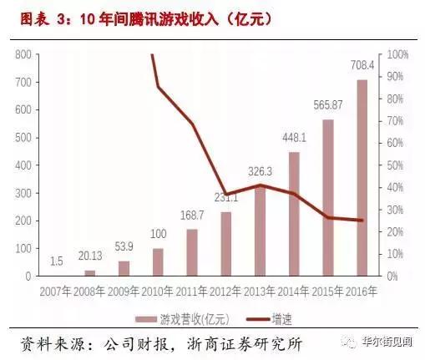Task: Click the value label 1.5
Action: coord(55,262)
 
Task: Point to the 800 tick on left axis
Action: coord(23,54)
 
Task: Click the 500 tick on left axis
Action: coord(23,138)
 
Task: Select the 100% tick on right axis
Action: coord(397,54)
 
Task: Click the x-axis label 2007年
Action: coord(55,292)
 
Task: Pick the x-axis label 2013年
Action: coord(261,292)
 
